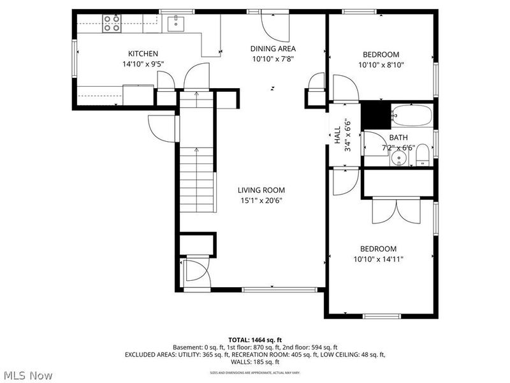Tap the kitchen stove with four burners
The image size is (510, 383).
click(112, 24)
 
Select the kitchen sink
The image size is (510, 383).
click(175, 24)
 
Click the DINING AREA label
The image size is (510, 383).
click(273, 48)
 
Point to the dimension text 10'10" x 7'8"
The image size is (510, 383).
click(273, 59)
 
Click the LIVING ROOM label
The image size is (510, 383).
click(261, 190)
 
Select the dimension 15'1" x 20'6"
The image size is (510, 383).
click(261, 200)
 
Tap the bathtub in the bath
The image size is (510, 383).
click(411, 116)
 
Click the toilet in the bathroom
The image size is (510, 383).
click(423, 154)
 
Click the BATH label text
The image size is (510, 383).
click(398, 137)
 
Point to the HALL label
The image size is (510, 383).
click(337, 135)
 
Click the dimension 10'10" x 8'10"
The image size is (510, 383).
click(381, 64)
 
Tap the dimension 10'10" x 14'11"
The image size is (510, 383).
click(378, 259)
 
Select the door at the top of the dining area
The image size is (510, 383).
click(275, 24)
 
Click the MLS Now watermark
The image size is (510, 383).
click(27, 375)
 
